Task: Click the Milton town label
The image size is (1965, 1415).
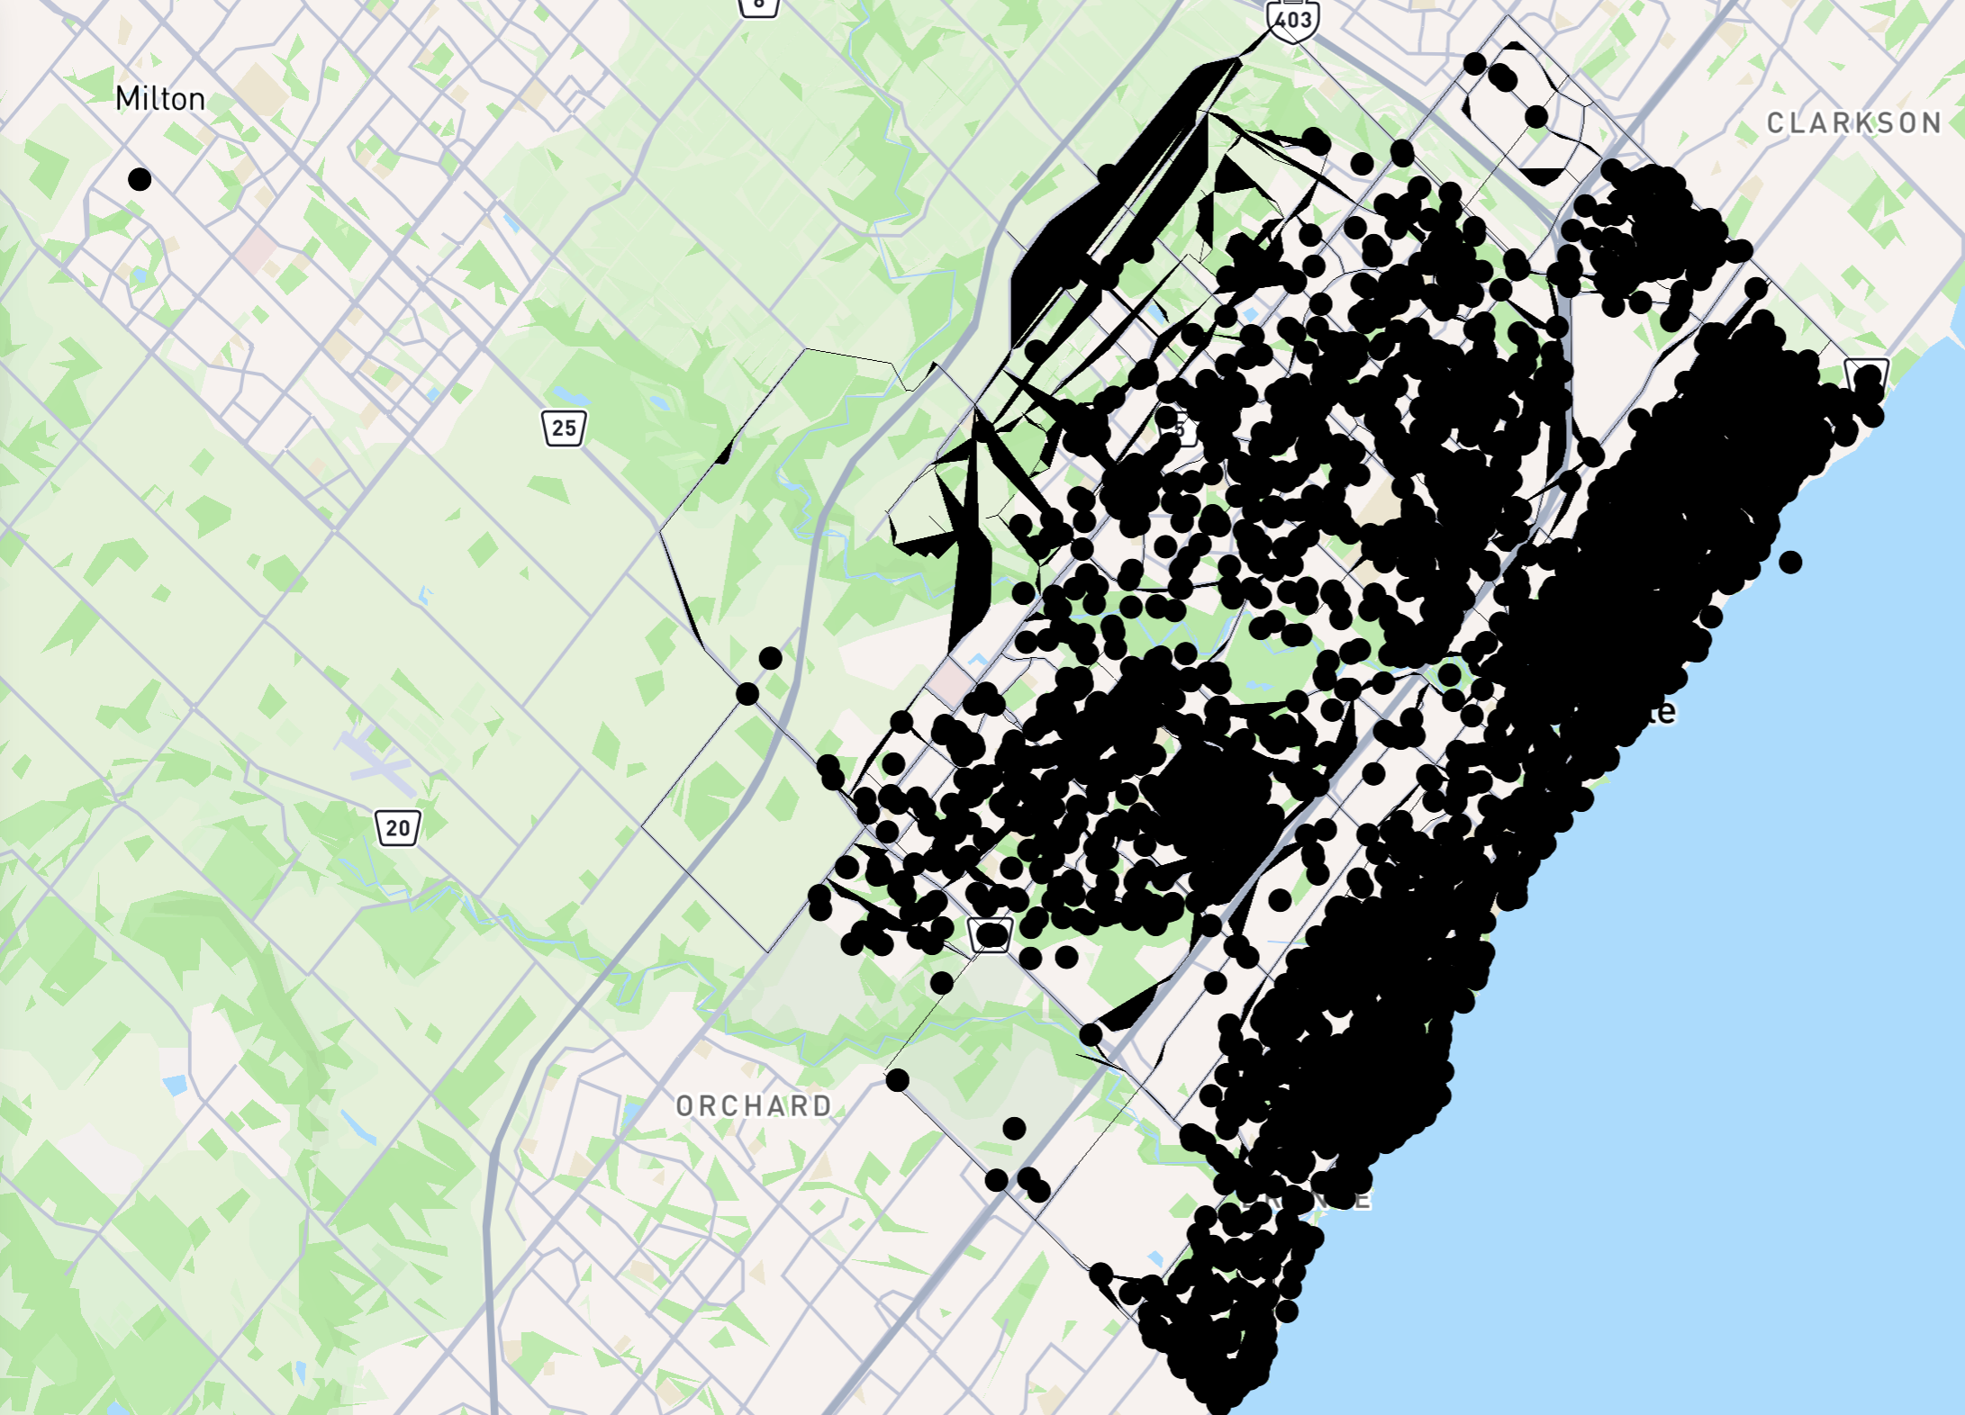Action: [x=160, y=98]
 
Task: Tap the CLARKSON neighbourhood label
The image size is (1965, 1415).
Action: [x=1853, y=122]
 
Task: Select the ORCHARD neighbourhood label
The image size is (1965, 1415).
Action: [x=754, y=1105]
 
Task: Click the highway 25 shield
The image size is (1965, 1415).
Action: [x=564, y=428]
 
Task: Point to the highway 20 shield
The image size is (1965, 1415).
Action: [x=397, y=827]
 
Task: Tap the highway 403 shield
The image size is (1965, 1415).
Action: [x=1292, y=20]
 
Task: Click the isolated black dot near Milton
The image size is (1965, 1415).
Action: [x=140, y=179]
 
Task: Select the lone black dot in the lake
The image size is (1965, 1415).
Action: [x=1790, y=562]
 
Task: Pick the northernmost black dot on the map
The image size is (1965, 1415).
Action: [x=1474, y=64]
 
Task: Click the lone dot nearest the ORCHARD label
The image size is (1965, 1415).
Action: [x=897, y=1080]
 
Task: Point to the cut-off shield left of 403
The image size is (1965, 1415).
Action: [x=758, y=5]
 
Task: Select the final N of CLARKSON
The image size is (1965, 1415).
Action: [x=1931, y=122]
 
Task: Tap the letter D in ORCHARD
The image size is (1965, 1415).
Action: [x=821, y=1105]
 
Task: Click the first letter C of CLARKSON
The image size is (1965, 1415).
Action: [x=1776, y=122]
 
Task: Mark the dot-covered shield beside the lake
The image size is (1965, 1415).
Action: [x=1866, y=376]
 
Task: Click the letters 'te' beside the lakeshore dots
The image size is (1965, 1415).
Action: [x=1662, y=711]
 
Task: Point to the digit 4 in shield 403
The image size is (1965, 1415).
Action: [x=1281, y=20]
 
